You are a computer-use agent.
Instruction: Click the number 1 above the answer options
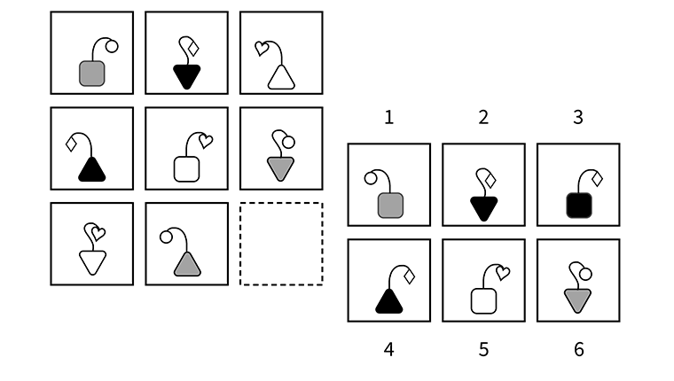(x=388, y=117)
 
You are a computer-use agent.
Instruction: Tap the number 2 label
(x=483, y=117)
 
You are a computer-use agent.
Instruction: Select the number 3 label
(x=578, y=117)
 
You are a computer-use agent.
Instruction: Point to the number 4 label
(x=388, y=349)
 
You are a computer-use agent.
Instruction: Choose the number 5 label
(x=483, y=349)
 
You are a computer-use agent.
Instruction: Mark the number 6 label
(x=578, y=349)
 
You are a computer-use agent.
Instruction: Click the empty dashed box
(x=281, y=244)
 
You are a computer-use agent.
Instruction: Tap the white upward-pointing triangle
(x=281, y=78)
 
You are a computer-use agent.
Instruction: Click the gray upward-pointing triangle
(x=186, y=264)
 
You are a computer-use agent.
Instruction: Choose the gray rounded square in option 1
(x=390, y=206)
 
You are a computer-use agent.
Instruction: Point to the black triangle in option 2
(x=483, y=208)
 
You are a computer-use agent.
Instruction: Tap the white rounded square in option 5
(x=483, y=301)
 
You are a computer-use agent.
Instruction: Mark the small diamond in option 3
(x=597, y=178)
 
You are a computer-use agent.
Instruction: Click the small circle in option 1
(x=370, y=178)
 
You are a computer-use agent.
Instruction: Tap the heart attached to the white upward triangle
(x=261, y=50)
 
